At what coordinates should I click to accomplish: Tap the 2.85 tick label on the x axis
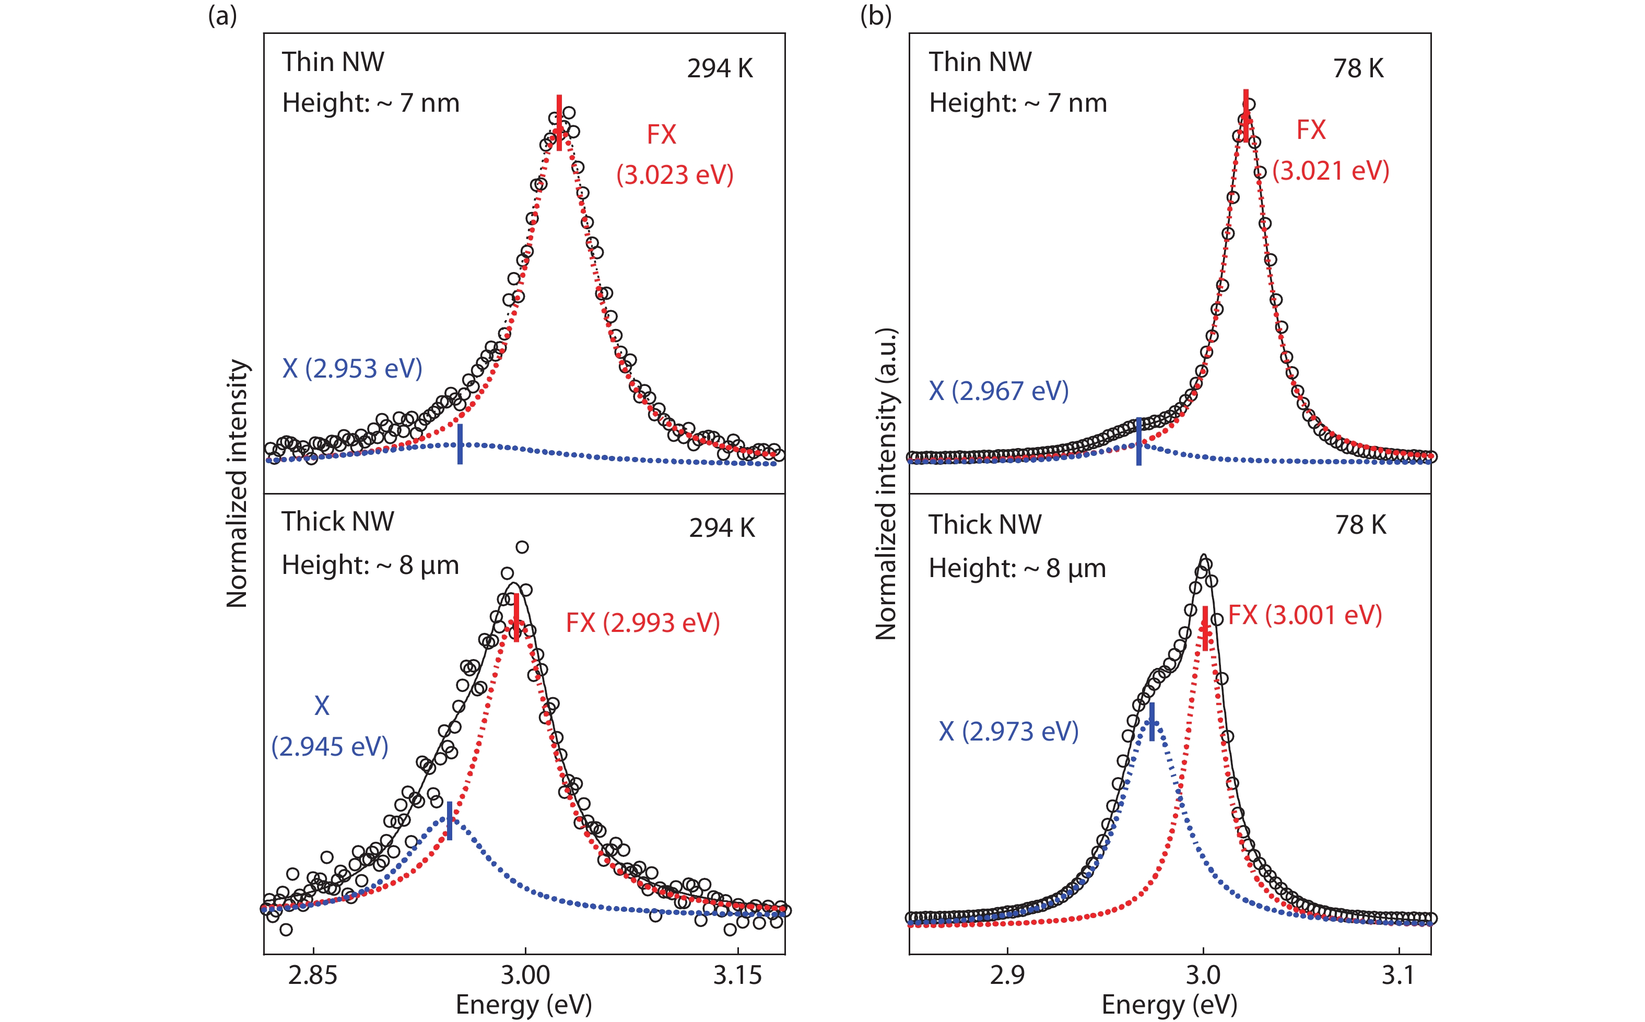click(x=312, y=976)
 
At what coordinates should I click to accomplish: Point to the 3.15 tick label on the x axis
click(x=737, y=976)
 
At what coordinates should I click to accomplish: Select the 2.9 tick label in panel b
click(x=1007, y=976)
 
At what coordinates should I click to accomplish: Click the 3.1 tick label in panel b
click(x=1397, y=976)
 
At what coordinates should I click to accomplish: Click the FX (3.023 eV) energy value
click(x=675, y=174)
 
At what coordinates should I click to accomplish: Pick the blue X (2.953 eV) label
click(x=352, y=368)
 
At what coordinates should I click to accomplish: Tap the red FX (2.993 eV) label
click(x=643, y=622)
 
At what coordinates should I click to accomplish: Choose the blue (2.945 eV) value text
click(x=330, y=747)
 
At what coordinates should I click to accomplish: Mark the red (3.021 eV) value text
click(x=1330, y=170)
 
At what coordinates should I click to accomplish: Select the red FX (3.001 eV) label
click(x=1305, y=615)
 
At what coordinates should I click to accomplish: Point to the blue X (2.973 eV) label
click(x=1008, y=731)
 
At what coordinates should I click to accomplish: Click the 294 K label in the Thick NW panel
click(x=722, y=528)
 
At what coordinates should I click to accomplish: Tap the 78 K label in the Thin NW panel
click(x=1358, y=68)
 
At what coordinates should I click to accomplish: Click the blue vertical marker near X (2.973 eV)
click(x=1151, y=722)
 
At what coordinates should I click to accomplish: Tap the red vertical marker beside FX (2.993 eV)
click(x=516, y=617)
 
